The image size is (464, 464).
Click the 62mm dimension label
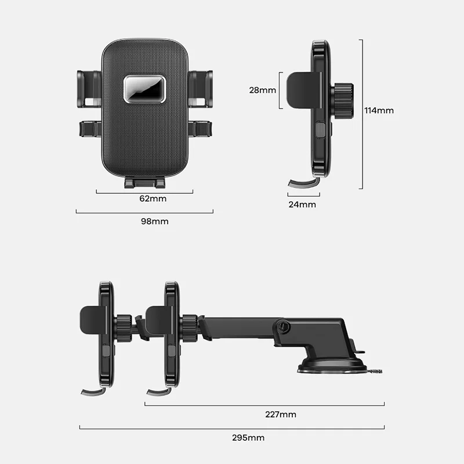[x=153, y=198]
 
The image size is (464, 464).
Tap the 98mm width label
[x=154, y=222]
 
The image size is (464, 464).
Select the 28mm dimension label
[x=263, y=90]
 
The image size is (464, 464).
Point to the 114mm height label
[x=379, y=111]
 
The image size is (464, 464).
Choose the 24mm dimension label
[x=302, y=205]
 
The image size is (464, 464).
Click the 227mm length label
[x=281, y=414]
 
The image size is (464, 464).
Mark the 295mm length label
[x=248, y=438]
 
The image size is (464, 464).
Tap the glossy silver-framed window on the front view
[x=144, y=89]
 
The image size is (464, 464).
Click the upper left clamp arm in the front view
[x=89, y=89]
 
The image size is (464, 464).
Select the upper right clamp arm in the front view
[x=200, y=89]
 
